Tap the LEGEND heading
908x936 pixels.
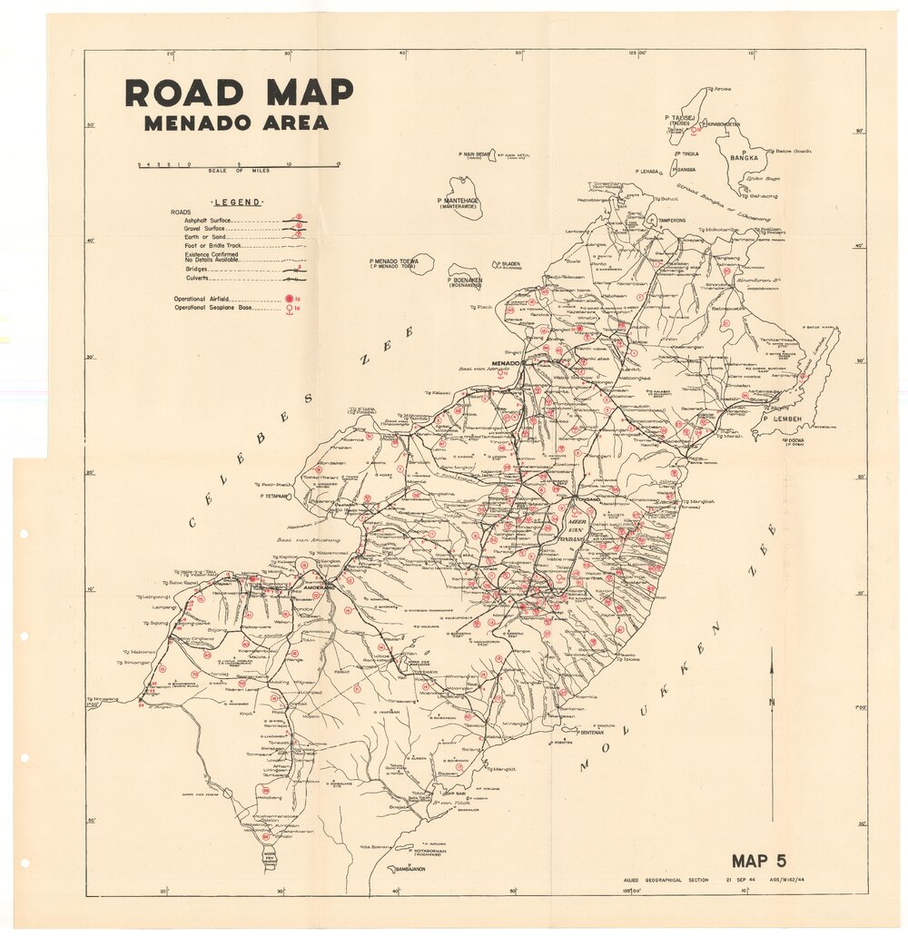click(237, 202)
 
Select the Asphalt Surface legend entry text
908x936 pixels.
click(208, 221)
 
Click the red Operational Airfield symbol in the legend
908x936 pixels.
click(290, 299)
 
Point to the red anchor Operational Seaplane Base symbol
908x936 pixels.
click(290, 309)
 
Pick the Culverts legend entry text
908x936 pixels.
click(198, 279)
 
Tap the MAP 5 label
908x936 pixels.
click(758, 862)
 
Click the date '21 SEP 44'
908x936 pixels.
click(740, 880)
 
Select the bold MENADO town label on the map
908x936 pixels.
click(505, 363)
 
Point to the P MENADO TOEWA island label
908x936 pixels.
click(394, 263)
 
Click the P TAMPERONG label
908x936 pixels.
click(672, 219)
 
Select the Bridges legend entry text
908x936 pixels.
click(196, 269)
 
